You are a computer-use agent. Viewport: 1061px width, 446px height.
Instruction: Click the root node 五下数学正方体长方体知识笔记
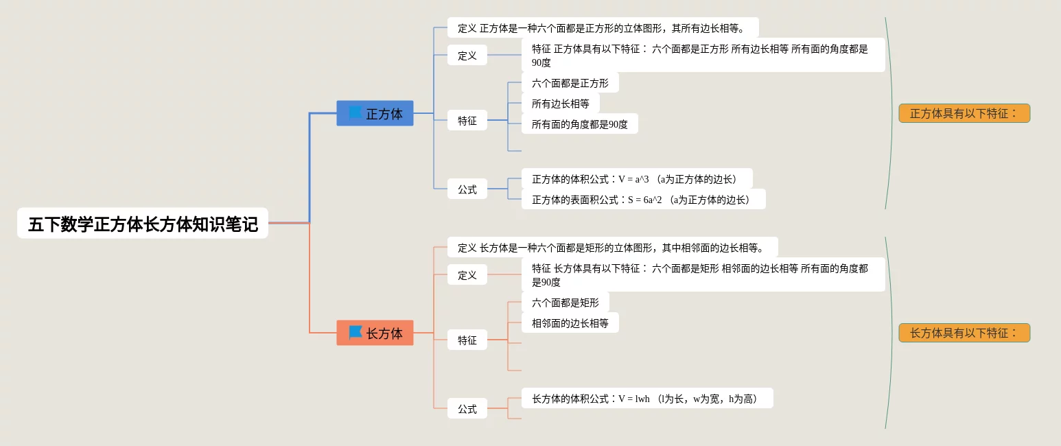pos(143,224)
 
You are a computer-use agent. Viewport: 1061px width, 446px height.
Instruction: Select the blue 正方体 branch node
pos(375,113)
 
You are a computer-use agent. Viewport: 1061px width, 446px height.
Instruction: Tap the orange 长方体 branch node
pos(375,333)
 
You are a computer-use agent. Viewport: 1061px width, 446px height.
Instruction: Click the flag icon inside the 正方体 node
pos(355,113)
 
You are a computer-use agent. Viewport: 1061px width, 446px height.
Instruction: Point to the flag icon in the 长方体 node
pos(355,332)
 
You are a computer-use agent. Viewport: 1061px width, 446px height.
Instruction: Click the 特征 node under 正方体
pos(467,120)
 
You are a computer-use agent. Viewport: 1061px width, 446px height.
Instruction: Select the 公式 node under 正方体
pos(467,189)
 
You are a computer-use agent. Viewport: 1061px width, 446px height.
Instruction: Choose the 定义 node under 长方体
pos(467,274)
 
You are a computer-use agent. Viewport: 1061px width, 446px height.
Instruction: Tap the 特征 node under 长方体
pos(467,340)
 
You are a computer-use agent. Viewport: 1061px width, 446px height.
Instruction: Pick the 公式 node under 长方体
pos(467,408)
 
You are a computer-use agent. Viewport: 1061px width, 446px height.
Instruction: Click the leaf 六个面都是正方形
pos(570,83)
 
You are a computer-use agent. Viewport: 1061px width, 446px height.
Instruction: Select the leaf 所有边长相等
pos(560,104)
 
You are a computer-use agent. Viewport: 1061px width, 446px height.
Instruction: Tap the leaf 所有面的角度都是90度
pos(579,124)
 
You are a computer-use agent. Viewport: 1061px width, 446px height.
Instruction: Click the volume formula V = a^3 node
pos(636,179)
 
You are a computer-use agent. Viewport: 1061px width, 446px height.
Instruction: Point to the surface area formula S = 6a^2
pos(642,200)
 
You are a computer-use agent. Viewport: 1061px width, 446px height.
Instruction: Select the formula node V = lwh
pos(646,399)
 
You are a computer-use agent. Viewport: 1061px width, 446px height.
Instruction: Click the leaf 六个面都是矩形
pos(565,303)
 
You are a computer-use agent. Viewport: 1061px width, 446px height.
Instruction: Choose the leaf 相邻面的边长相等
pos(570,323)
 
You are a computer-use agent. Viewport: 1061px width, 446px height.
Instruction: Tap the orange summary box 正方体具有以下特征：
pos(964,113)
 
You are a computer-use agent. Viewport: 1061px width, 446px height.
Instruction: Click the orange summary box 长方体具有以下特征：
pos(964,333)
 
